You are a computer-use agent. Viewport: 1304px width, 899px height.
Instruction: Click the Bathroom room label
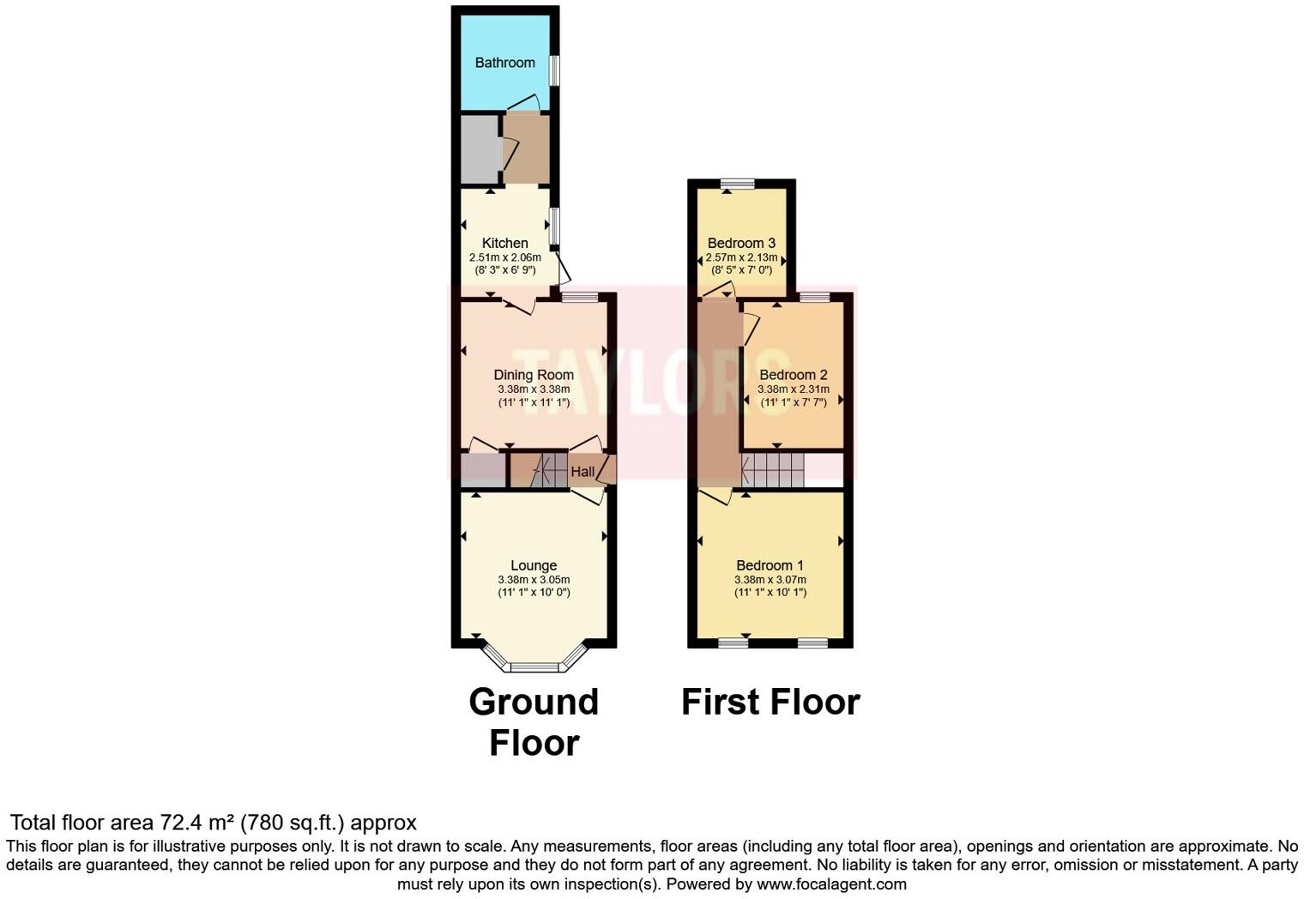(504, 63)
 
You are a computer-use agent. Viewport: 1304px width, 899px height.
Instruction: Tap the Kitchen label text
(504, 244)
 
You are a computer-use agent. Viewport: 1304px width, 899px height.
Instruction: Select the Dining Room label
(534, 375)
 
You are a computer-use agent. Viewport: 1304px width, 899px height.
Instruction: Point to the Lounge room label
(534, 565)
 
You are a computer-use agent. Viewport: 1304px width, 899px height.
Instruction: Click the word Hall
(583, 472)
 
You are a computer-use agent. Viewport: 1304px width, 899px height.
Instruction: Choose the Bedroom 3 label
(741, 244)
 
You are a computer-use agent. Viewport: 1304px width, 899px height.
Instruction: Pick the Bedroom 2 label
(793, 375)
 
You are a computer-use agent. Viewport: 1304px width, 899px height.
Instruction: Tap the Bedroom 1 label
(770, 565)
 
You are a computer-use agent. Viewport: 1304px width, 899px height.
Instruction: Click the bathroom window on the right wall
(554, 70)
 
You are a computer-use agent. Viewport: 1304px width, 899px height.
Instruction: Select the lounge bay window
(534, 666)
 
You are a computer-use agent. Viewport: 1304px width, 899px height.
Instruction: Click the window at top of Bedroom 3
(737, 184)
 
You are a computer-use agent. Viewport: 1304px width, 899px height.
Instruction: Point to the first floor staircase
(772, 470)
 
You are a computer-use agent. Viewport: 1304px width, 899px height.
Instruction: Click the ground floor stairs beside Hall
(549, 471)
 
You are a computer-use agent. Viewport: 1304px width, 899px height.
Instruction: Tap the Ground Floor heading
(534, 721)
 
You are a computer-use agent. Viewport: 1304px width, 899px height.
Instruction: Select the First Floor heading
(770, 702)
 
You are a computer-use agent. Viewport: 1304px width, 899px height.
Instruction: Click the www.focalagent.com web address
(831, 884)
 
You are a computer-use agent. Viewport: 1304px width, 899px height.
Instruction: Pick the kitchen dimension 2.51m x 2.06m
(504, 257)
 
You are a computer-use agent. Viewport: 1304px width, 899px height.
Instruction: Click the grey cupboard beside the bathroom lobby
(480, 149)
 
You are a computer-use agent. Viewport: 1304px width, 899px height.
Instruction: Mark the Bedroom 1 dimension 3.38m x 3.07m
(770, 579)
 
